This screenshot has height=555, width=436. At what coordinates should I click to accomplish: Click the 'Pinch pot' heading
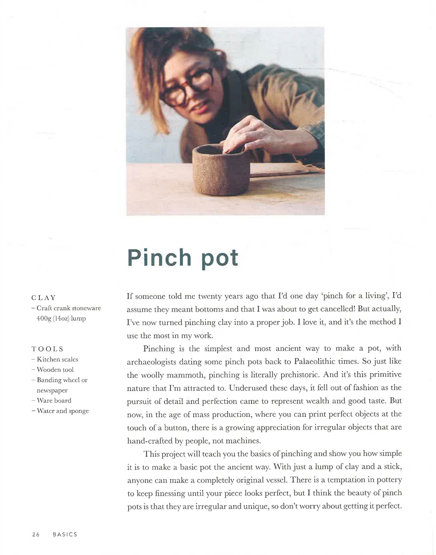point(183,258)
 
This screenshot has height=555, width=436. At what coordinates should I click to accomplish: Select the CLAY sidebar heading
point(43,298)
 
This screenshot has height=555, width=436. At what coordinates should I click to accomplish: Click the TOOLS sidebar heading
point(47,349)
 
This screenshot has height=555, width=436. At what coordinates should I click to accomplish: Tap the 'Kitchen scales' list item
point(57,359)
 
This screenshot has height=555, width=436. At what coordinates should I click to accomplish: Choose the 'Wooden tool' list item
point(55,370)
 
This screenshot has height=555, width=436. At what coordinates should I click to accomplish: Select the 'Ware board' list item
point(54,400)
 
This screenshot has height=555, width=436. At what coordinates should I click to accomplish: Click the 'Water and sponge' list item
point(62,411)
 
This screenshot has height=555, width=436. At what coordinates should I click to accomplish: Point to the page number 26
point(36,534)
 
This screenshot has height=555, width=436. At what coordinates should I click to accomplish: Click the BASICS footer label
point(65,534)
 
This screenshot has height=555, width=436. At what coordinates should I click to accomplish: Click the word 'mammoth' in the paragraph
point(186,375)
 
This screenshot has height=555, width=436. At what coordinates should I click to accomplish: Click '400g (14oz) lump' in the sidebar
point(61,319)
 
